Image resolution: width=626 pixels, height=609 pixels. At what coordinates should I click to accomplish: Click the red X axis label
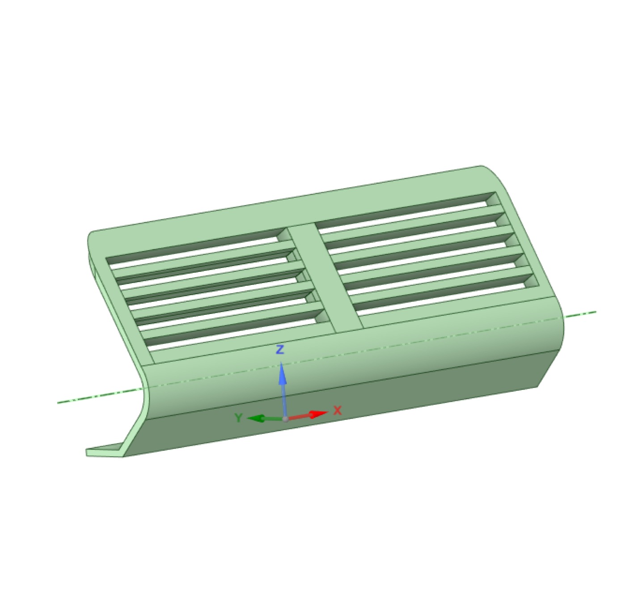pos(338,410)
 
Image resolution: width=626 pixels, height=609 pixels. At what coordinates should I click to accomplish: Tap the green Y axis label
pos(238,418)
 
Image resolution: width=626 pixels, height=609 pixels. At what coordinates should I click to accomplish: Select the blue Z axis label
pos(280,349)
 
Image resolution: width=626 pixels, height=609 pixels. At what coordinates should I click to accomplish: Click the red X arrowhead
pos(318,414)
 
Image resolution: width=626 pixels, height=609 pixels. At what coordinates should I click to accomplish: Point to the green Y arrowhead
pos(256,419)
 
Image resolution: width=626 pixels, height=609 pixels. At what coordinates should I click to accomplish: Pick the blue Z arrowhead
pos(282,373)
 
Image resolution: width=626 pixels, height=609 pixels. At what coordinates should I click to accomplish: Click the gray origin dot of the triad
pos(285,419)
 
